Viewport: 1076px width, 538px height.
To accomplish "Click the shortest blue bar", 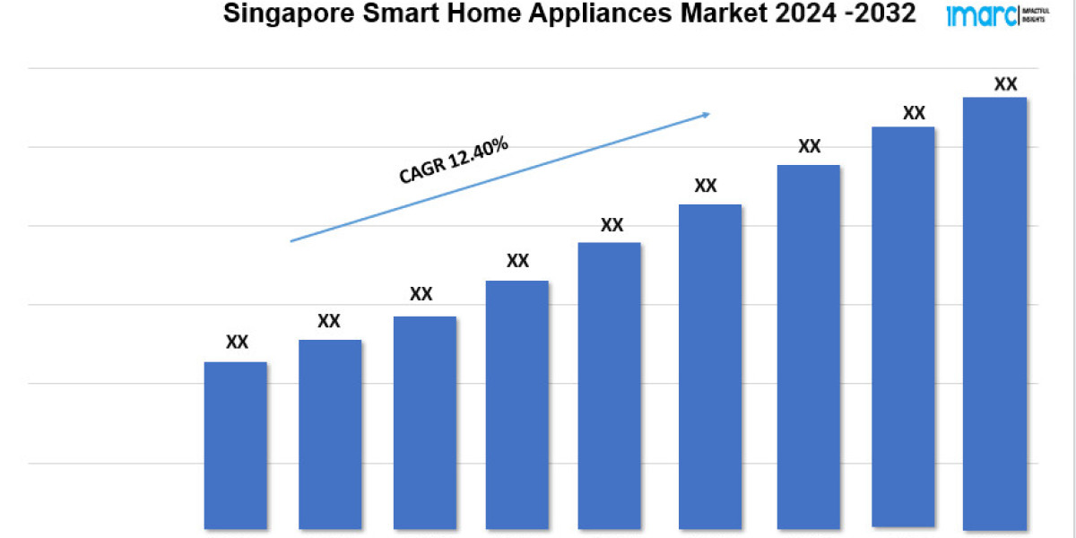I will pyautogui.click(x=236, y=445).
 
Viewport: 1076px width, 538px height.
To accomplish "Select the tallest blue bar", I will pyautogui.click(x=994, y=313).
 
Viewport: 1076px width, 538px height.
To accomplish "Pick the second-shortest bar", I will pyautogui.click(x=330, y=434).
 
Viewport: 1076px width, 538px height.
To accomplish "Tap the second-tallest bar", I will pyautogui.click(x=903, y=327).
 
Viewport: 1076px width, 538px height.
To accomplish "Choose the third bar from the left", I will pyautogui.click(x=424, y=422).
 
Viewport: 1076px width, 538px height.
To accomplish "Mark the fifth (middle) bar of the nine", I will pyautogui.click(x=610, y=386).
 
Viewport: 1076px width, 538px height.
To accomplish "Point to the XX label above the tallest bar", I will pyautogui.click(x=1006, y=84).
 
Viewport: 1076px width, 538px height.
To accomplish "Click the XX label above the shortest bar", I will pyautogui.click(x=237, y=342).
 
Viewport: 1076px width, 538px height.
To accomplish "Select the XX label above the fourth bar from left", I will pyautogui.click(x=517, y=261).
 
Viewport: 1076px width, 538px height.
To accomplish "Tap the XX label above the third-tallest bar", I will pyautogui.click(x=809, y=146).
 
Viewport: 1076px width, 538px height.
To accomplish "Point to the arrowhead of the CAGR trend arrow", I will pyautogui.click(x=707, y=114).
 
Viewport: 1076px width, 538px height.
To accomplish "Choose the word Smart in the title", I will pyautogui.click(x=377, y=14).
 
